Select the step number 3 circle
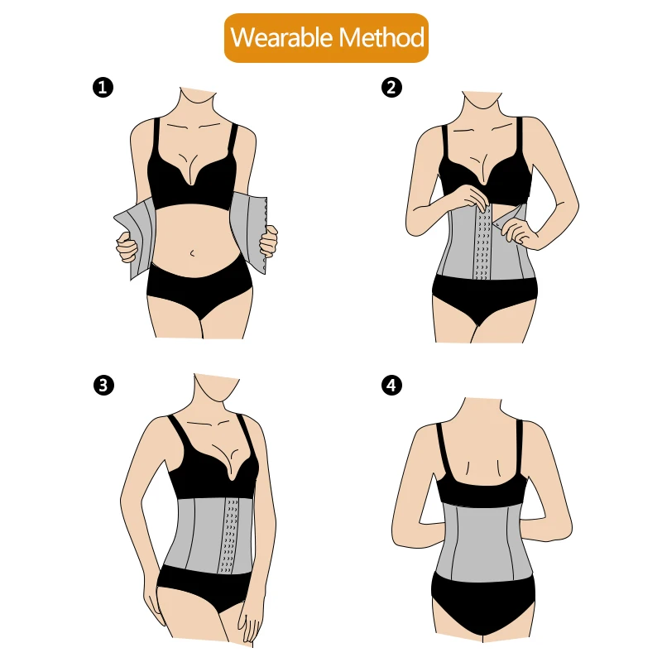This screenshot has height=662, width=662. (102, 385)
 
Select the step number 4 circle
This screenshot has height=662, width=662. (392, 385)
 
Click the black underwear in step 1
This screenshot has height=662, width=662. (199, 285)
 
